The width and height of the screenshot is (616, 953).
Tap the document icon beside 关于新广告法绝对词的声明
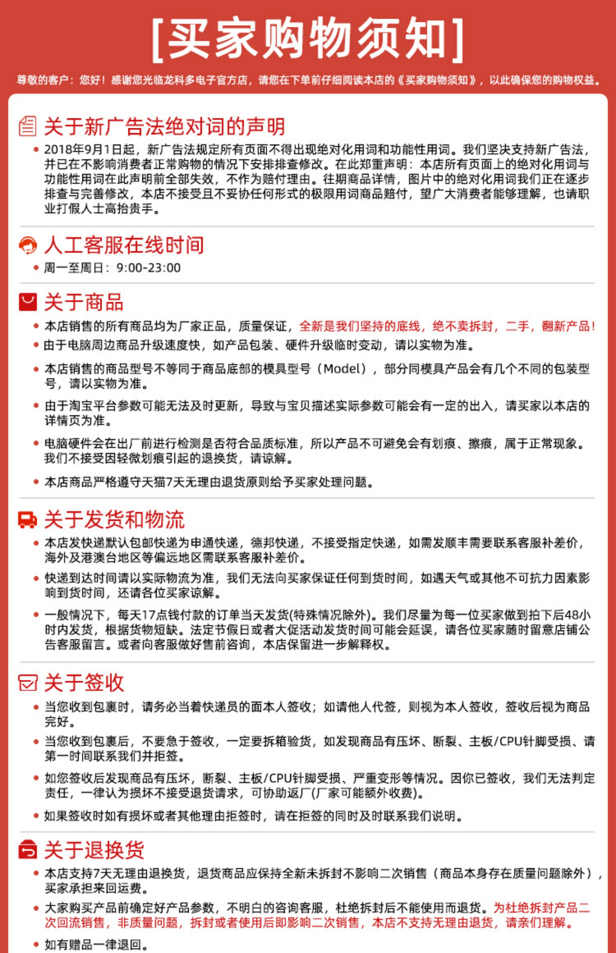28,126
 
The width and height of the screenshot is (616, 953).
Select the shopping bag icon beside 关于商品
28,302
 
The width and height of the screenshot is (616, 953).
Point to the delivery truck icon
28,519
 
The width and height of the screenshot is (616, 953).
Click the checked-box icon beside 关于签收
28,683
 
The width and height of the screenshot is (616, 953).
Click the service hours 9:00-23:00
148,268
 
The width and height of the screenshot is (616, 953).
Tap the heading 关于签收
84,683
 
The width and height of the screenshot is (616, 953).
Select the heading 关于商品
84,302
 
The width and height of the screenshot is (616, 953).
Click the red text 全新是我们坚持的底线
359,326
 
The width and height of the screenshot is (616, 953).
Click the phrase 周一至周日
74,268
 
